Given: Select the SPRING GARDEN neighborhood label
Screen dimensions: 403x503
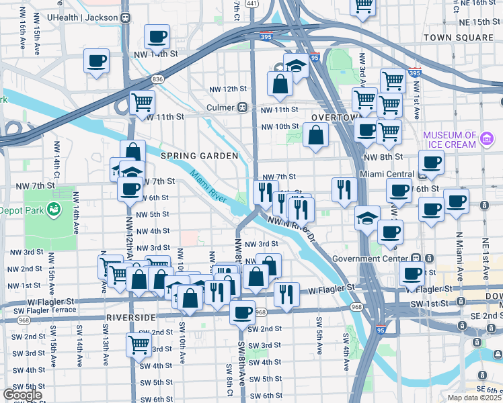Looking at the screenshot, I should [x=200, y=156].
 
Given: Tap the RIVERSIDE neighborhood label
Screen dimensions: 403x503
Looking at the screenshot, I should [x=130, y=316].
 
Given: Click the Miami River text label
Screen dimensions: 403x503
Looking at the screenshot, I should [x=209, y=189].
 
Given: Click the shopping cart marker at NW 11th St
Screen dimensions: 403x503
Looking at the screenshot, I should [x=142, y=103].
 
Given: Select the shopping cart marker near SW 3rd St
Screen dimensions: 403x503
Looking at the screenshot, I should [x=138, y=345].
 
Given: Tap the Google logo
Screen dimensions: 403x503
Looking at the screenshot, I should [x=22, y=395].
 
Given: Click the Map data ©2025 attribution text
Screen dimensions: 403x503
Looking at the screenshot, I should [x=474, y=398].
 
